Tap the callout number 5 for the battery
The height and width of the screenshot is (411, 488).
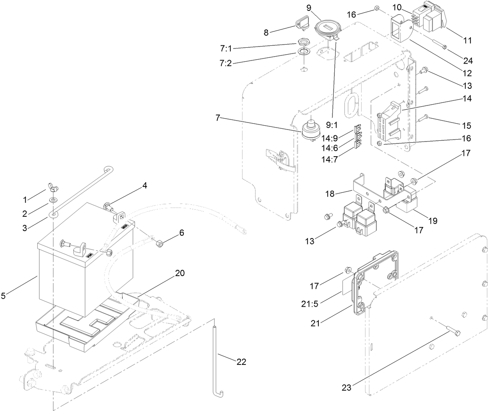[x=3, y=296]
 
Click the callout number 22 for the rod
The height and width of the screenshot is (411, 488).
[x=241, y=362]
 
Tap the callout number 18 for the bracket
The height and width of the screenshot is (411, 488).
[x=330, y=193]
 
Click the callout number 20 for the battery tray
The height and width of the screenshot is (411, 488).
[x=180, y=273]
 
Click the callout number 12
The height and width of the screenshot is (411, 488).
[x=467, y=73]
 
